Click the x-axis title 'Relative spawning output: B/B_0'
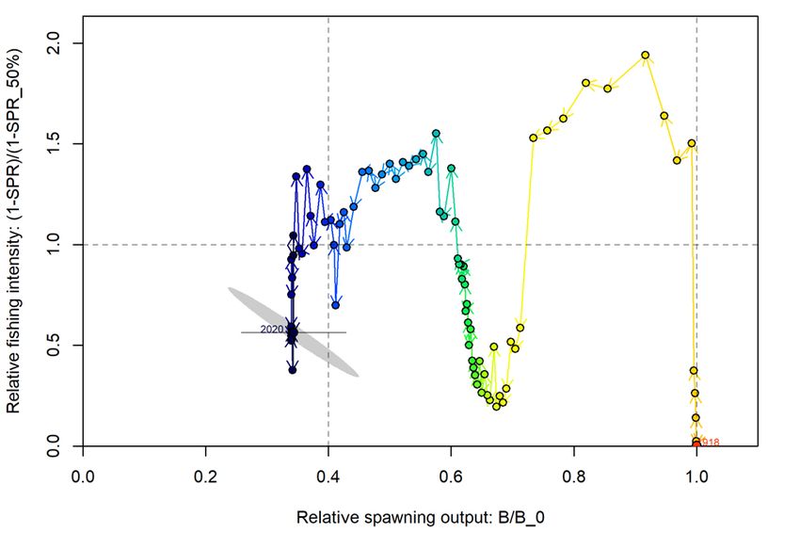(x=420, y=518)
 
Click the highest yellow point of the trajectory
(x=646, y=55)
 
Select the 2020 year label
(x=272, y=330)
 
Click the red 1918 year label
(x=709, y=443)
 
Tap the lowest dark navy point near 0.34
(x=293, y=370)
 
